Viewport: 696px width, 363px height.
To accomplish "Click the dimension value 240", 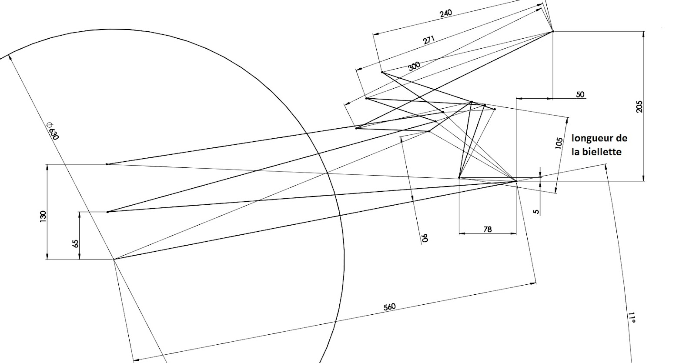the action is point(445,13).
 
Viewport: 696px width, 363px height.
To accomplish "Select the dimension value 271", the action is point(428,40).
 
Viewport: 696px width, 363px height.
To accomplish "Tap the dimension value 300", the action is point(414,66).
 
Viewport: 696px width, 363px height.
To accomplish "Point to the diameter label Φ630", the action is point(53,130).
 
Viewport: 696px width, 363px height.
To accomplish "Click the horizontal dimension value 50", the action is point(580,94).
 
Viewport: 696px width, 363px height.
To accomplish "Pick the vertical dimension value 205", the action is point(639,107).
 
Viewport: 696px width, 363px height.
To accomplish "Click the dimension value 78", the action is point(487,229).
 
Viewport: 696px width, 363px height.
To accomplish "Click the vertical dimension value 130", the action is point(43,216).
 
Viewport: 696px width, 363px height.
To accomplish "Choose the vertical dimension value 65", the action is point(76,243).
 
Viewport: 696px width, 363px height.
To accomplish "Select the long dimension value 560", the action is point(389,307).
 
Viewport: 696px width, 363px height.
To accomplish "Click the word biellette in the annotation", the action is point(602,152).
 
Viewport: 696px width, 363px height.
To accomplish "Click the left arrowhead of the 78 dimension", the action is point(461,233).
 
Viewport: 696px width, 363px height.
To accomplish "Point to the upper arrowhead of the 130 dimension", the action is point(47,165).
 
